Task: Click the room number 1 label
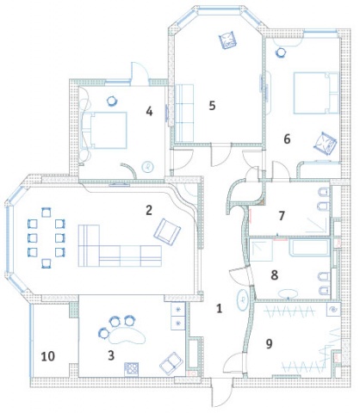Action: tap(219, 309)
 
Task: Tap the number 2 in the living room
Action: tap(149, 210)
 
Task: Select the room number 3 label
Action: tap(111, 355)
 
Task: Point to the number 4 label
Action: tap(149, 111)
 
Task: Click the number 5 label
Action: tap(212, 106)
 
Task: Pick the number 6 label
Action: tap(287, 139)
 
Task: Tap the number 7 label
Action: tap(282, 216)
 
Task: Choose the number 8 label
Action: tap(275, 275)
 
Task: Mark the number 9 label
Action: tap(269, 344)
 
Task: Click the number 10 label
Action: tap(48, 356)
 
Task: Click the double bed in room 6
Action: tap(316, 93)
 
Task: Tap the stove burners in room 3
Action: tap(131, 368)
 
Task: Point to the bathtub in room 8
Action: tap(309, 247)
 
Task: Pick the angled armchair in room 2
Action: tap(167, 232)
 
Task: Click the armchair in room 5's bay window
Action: tap(228, 40)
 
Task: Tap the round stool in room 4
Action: tap(112, 101)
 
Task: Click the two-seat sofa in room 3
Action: tap(171, 362)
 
